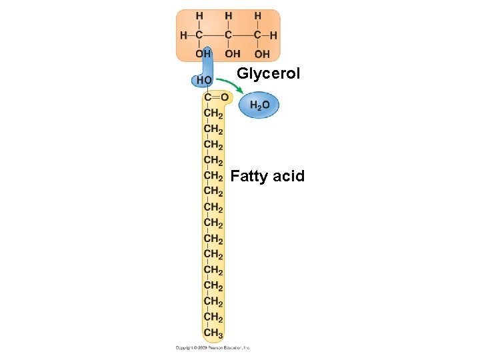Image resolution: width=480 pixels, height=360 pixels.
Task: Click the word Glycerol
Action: click(269, 73)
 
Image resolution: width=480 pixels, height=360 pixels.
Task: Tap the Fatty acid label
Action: click(267, 176)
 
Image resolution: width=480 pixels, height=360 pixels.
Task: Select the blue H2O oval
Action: click(259, 105)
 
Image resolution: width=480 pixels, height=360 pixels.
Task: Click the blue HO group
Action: click(204, 80)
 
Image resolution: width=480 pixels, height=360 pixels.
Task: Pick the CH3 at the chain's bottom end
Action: click(213, 333)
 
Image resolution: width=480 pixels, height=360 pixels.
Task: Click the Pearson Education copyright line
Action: click(213, 347)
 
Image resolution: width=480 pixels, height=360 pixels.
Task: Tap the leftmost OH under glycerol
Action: click(203, 53)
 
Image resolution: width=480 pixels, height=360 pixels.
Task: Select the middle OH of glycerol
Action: click(233, 53)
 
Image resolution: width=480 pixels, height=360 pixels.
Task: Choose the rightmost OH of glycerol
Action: click(262, 53)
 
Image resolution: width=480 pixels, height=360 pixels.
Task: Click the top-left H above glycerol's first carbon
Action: click(199, 15)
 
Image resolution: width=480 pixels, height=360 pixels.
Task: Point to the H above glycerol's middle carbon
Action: click(229, 15)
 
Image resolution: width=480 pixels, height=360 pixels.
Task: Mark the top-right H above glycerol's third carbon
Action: click(257, 15)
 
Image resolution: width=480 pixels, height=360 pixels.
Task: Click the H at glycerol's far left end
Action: click(183, 35)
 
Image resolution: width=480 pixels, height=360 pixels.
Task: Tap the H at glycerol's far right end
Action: click(273, 35)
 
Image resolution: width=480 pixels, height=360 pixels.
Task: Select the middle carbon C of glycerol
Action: click(229, 35)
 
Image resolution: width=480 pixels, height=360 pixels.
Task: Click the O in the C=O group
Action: click(225, 97)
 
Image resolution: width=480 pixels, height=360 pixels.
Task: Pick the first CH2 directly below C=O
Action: click(213, 113)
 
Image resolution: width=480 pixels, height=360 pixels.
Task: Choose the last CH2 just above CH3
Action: click(213, 317)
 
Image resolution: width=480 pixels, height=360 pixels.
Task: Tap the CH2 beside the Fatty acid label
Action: click(213, 176)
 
